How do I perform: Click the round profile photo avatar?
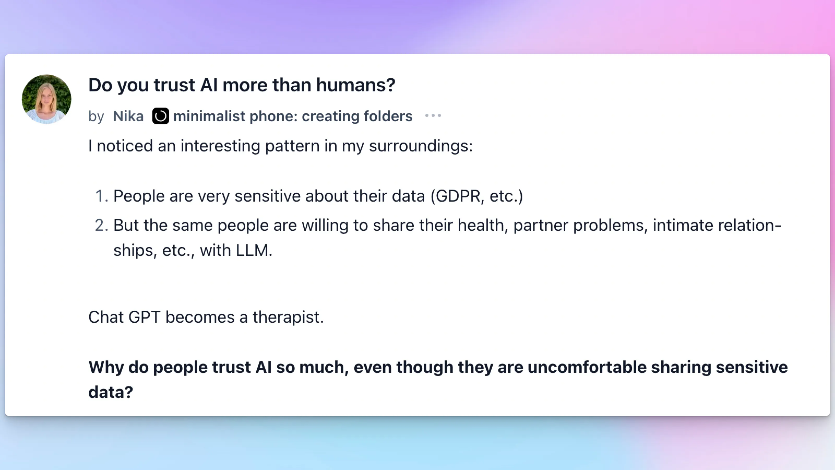tap(46, 99)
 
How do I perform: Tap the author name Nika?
tap(128, 116)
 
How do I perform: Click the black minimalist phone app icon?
tap(160, 116)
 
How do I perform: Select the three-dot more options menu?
tap(433, 115)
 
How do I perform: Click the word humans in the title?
tap(356, 85)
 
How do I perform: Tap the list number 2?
tap(101, 225)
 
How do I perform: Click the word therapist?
tap(288, 317)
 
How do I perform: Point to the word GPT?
tap(144, 317)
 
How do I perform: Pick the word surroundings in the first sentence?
tap(421, 146)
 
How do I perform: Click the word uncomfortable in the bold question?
tap(587, 367)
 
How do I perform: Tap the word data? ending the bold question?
tap(111, 392)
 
